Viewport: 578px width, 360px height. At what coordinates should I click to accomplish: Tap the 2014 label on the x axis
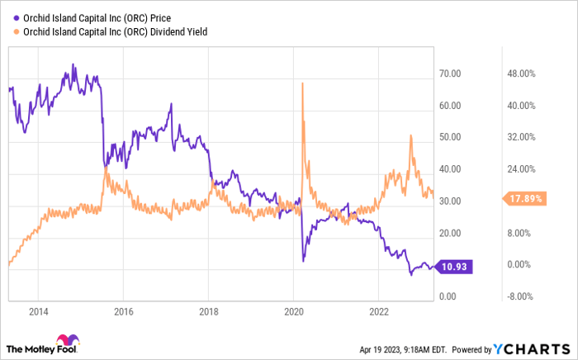coord(38,313)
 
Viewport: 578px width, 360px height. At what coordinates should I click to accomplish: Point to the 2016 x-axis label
coord(123,313)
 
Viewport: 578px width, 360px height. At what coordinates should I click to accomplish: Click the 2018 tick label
coord(208,313)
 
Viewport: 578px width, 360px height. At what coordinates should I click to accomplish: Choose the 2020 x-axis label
coord(293,313)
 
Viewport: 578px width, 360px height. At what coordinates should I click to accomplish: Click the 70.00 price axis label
coord(449,74)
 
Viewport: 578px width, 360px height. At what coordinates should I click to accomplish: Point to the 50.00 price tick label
coord(449,138)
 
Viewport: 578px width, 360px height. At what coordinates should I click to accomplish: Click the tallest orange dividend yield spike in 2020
coord(303,84)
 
